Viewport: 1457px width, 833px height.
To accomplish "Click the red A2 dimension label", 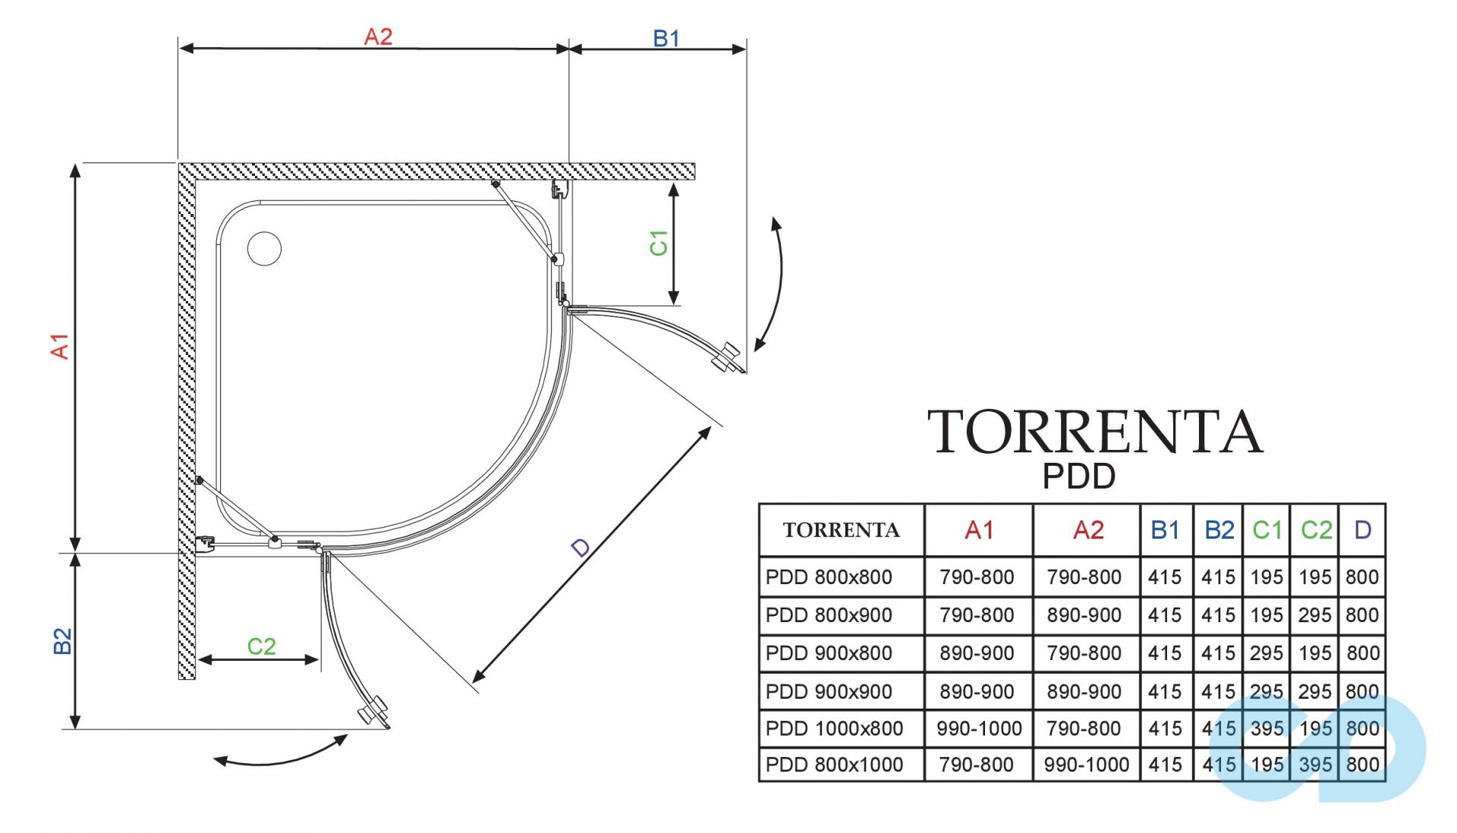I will click(x=378, y=36).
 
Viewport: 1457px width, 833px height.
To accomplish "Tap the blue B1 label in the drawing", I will click(x=666, y=39).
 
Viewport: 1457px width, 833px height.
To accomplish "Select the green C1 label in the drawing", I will click(x=659, y=243).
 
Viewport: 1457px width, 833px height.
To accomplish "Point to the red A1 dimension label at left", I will click(x=60, y=346).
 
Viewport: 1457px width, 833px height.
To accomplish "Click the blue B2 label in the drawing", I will click(x=62, y=641).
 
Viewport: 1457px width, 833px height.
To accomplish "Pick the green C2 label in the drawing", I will click(x=261, y=646).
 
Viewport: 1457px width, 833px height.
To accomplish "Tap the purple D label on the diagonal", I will click(x=581, y=547).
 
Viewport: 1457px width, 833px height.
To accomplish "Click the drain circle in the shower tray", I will click(x=264, y=249).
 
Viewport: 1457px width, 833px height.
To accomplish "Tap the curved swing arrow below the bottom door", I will click(x=281, y=754).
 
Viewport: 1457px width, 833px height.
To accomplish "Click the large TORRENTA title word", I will click(x=1094, y=432).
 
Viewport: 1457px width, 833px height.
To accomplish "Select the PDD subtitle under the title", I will click(x=1078, y=476).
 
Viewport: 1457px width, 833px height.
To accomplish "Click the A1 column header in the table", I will click(x=978, y=530).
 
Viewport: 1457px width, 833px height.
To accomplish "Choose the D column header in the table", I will click(x=1362, y=530).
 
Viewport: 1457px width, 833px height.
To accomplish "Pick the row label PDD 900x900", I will click(x=829, y=691).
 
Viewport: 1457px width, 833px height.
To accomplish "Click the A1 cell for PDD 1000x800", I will click(x=978, y=728).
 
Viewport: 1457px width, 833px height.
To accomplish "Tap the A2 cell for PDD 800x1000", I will click(x=1086, y=765).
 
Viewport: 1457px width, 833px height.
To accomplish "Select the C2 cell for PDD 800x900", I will click(x=1314, y=615).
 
